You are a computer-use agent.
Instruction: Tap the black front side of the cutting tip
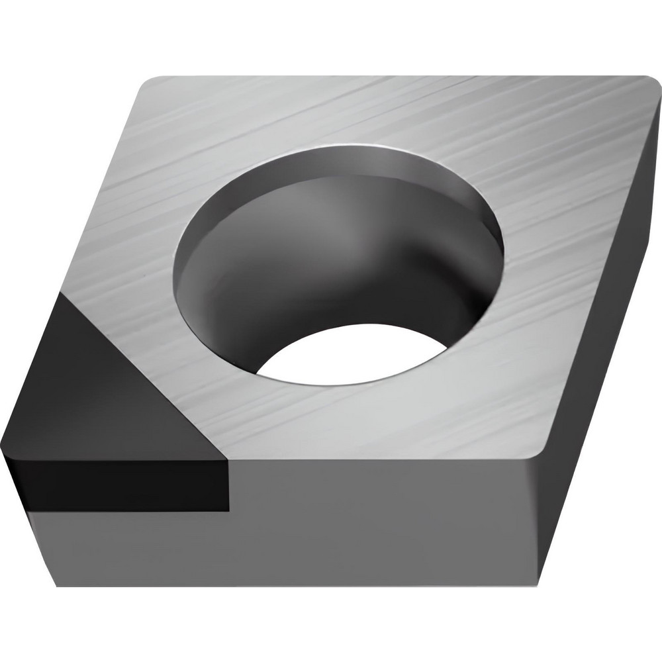[119, 487]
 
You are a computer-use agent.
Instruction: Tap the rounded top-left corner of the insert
[149, 83]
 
